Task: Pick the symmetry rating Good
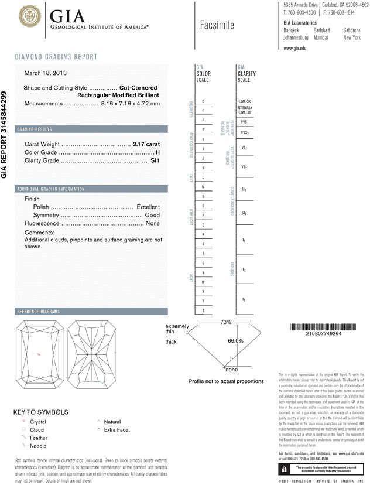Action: pyautogui.click(x=152, y=215)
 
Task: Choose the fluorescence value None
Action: pyautogui.click(x=153, y=223)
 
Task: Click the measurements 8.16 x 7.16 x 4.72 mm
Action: pyautogui.click(x=130, y=103)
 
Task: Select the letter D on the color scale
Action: pyautogui.click(x=203, y=101)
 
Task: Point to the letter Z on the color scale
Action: pyautogui.click(x=203, y=309)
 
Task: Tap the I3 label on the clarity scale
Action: pyautogui.click(x=244, y=299)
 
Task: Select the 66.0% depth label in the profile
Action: pyautogui.click(x=235, y=340)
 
